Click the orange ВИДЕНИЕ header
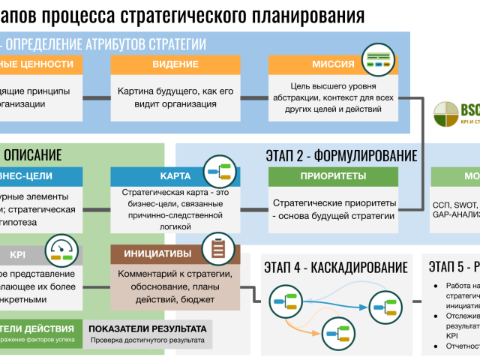click(175, 64)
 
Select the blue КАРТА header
click(174, 177)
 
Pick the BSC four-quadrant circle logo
click(448, 115)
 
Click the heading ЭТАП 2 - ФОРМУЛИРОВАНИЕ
click(341, 156)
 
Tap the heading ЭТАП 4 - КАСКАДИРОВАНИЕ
click(335, 267)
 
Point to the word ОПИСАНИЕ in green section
click(33, 155)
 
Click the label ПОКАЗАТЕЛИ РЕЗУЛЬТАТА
click(147, 328)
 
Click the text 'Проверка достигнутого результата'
click(147, 340)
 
